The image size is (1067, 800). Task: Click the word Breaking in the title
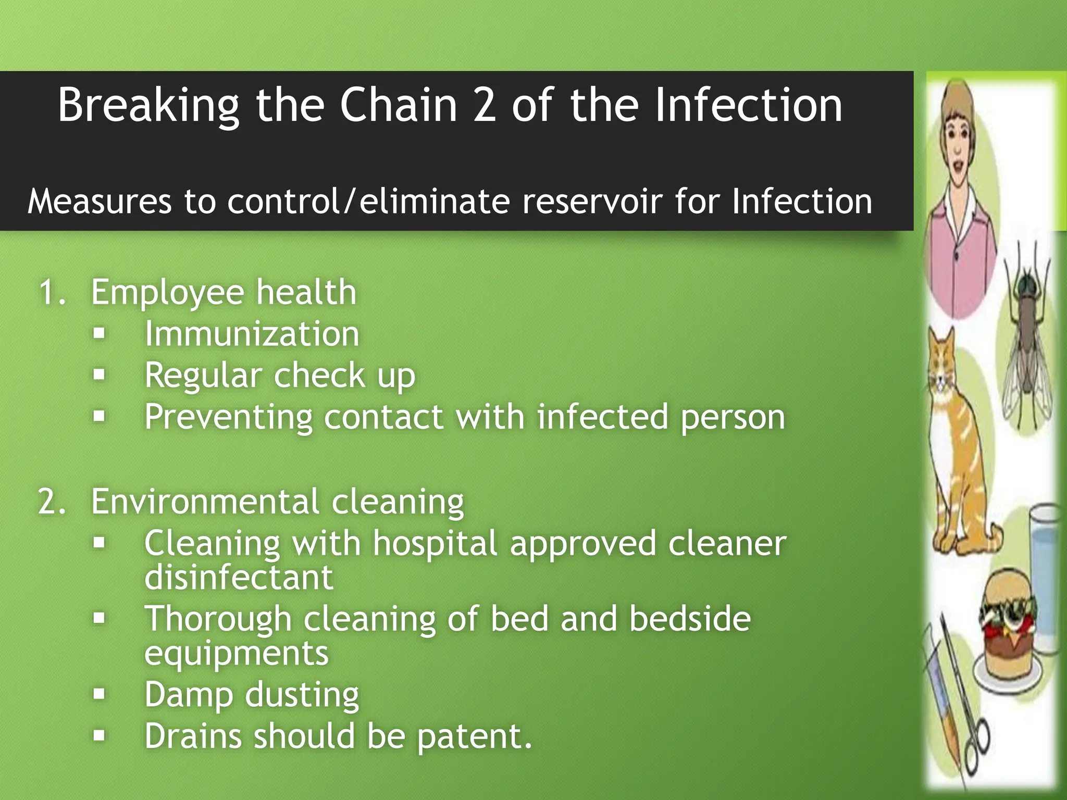pos(148,106)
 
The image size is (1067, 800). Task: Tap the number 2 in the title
pos(485,106)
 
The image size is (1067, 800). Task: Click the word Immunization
pos(252,334)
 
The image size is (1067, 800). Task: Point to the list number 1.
pos(52,292)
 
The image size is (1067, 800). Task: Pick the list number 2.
pos(52,502)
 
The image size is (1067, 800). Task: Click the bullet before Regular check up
pos(99,374)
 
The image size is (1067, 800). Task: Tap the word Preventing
pos(228,417)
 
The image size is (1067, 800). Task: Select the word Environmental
pos(205,502)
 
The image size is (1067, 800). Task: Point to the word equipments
pos(237,653)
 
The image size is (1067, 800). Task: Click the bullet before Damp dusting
pos(99,694)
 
